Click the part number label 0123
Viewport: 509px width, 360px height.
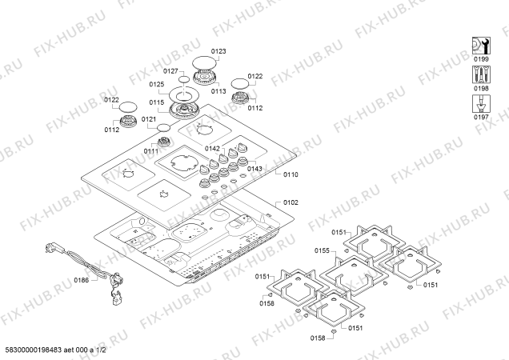[x=218, y=51]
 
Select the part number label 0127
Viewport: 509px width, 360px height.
[x=170, y=71]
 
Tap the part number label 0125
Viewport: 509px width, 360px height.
[x=157, y=85]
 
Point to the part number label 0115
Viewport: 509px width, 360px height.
[x=157, y=102]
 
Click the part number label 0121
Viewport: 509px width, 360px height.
[x=149, y=119]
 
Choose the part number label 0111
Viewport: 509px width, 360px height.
[x=151, y=151]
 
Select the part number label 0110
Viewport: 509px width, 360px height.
[x=291, y=174]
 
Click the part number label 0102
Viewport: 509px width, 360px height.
[x=291, y=202]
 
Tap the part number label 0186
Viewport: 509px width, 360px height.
[x=81, y=280]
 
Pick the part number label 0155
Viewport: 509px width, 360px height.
[x=322, y=250]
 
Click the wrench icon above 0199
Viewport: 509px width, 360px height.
[x=481, y=46]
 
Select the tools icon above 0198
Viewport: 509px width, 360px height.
[x=481, y=74]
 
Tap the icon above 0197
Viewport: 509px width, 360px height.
[x=481, y=103]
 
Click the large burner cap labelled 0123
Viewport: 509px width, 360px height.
[x=205, y=62]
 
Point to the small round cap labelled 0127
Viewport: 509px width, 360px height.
[x=184, y=79]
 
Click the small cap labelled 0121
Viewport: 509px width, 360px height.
[x=163, y=127]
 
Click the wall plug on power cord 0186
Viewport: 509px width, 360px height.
[x=50, y=248]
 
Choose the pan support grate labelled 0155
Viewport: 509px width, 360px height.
[x=354, y=274]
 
